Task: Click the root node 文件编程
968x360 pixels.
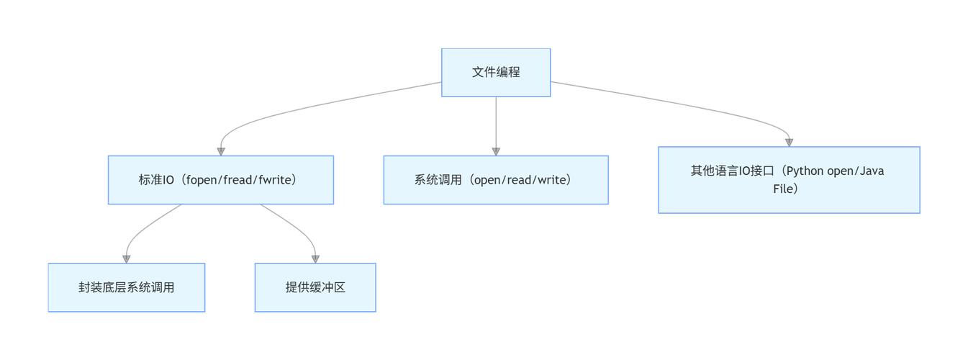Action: pyautogui.click(x=496, y=72)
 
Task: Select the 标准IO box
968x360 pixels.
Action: pyautogui.click(x=220, y=180)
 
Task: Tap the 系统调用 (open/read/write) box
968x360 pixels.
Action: pyautogui.click(x=495, y=180)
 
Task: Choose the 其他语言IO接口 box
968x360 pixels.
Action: pyautogui.click(x=789, y=180)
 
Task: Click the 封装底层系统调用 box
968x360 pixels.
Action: pyautogui.click(x=127, y=287)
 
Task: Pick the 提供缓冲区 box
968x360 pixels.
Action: pyautogui.click(x=315, y=287)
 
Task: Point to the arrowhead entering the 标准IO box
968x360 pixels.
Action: pyautogui.click(x=221, y=151)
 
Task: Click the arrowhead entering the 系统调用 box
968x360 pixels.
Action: pyautogui.click(x=496, y=151)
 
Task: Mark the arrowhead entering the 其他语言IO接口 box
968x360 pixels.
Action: pyautogui.click(x=789, y=142)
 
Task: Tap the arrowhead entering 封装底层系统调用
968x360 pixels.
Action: pyautogui.click(x=127, y=258)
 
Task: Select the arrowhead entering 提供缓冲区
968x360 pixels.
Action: pyautogui.click(x=315, y=258)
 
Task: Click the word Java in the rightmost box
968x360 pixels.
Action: pyautogui.click(x=871, y=171)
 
